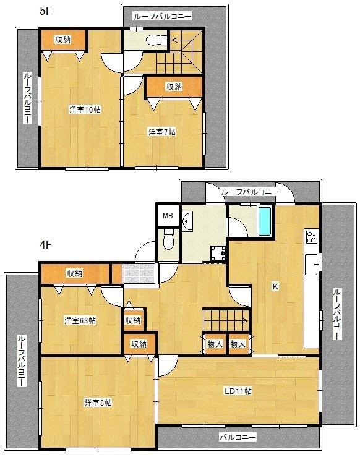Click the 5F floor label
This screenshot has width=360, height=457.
pos(46,11)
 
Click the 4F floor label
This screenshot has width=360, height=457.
pos(46,244)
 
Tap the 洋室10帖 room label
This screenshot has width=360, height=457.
pos(85,110)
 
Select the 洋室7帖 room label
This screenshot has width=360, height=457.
pos(162,132)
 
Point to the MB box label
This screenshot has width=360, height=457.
pos(168,216)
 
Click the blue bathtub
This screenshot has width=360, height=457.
pos(265,221)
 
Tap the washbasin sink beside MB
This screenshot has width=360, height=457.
pos(187,221)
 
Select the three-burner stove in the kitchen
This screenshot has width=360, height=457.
pos(311,236)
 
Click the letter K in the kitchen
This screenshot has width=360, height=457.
pos(275,286)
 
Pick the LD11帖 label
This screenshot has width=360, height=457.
pos(238,391)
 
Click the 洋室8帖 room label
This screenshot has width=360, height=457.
pos(98,403)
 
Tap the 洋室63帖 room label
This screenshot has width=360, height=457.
pos(80,320)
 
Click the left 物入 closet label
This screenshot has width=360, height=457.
pos(215,344)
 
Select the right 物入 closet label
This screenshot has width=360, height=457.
pos(238,344)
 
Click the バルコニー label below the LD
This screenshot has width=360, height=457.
pos(238,437)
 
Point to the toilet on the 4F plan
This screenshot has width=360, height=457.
pos(168,239)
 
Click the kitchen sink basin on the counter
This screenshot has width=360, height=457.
pos(311,264)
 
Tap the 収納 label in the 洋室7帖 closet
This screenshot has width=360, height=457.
pos(174,87)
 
